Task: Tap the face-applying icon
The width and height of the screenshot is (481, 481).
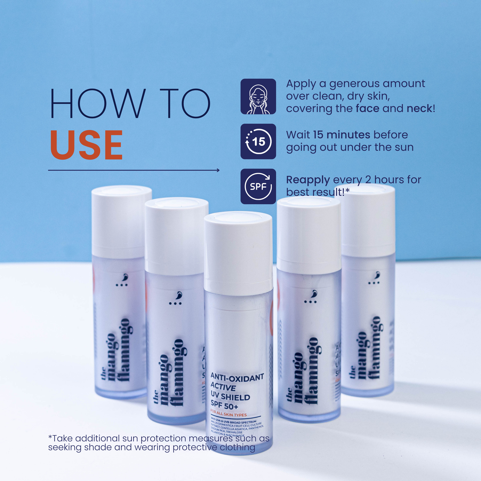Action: click(258, 97)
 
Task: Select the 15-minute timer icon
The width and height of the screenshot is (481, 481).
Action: click(258, 141)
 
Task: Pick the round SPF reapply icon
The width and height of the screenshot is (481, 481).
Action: click(258, 186)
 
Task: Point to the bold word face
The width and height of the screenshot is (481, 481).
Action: click(367, 109)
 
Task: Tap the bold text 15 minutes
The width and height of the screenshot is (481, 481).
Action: click(342, 135)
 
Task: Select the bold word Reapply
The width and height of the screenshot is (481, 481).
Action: click(308, 180)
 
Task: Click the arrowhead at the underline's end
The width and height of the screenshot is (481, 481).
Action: click(218, 170)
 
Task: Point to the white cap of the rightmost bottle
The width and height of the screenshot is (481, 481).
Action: click(368, 220)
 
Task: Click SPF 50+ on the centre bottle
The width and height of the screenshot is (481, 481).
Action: click(224, 406)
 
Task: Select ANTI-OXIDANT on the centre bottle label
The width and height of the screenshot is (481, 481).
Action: click(237, 377)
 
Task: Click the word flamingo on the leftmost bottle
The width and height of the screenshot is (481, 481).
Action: click(124, 350)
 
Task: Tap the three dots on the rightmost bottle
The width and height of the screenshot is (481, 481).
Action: click(373, 283)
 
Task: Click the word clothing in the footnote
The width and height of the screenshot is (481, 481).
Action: click(237, 447)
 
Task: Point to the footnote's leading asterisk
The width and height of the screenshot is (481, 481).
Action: click(50, 437)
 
